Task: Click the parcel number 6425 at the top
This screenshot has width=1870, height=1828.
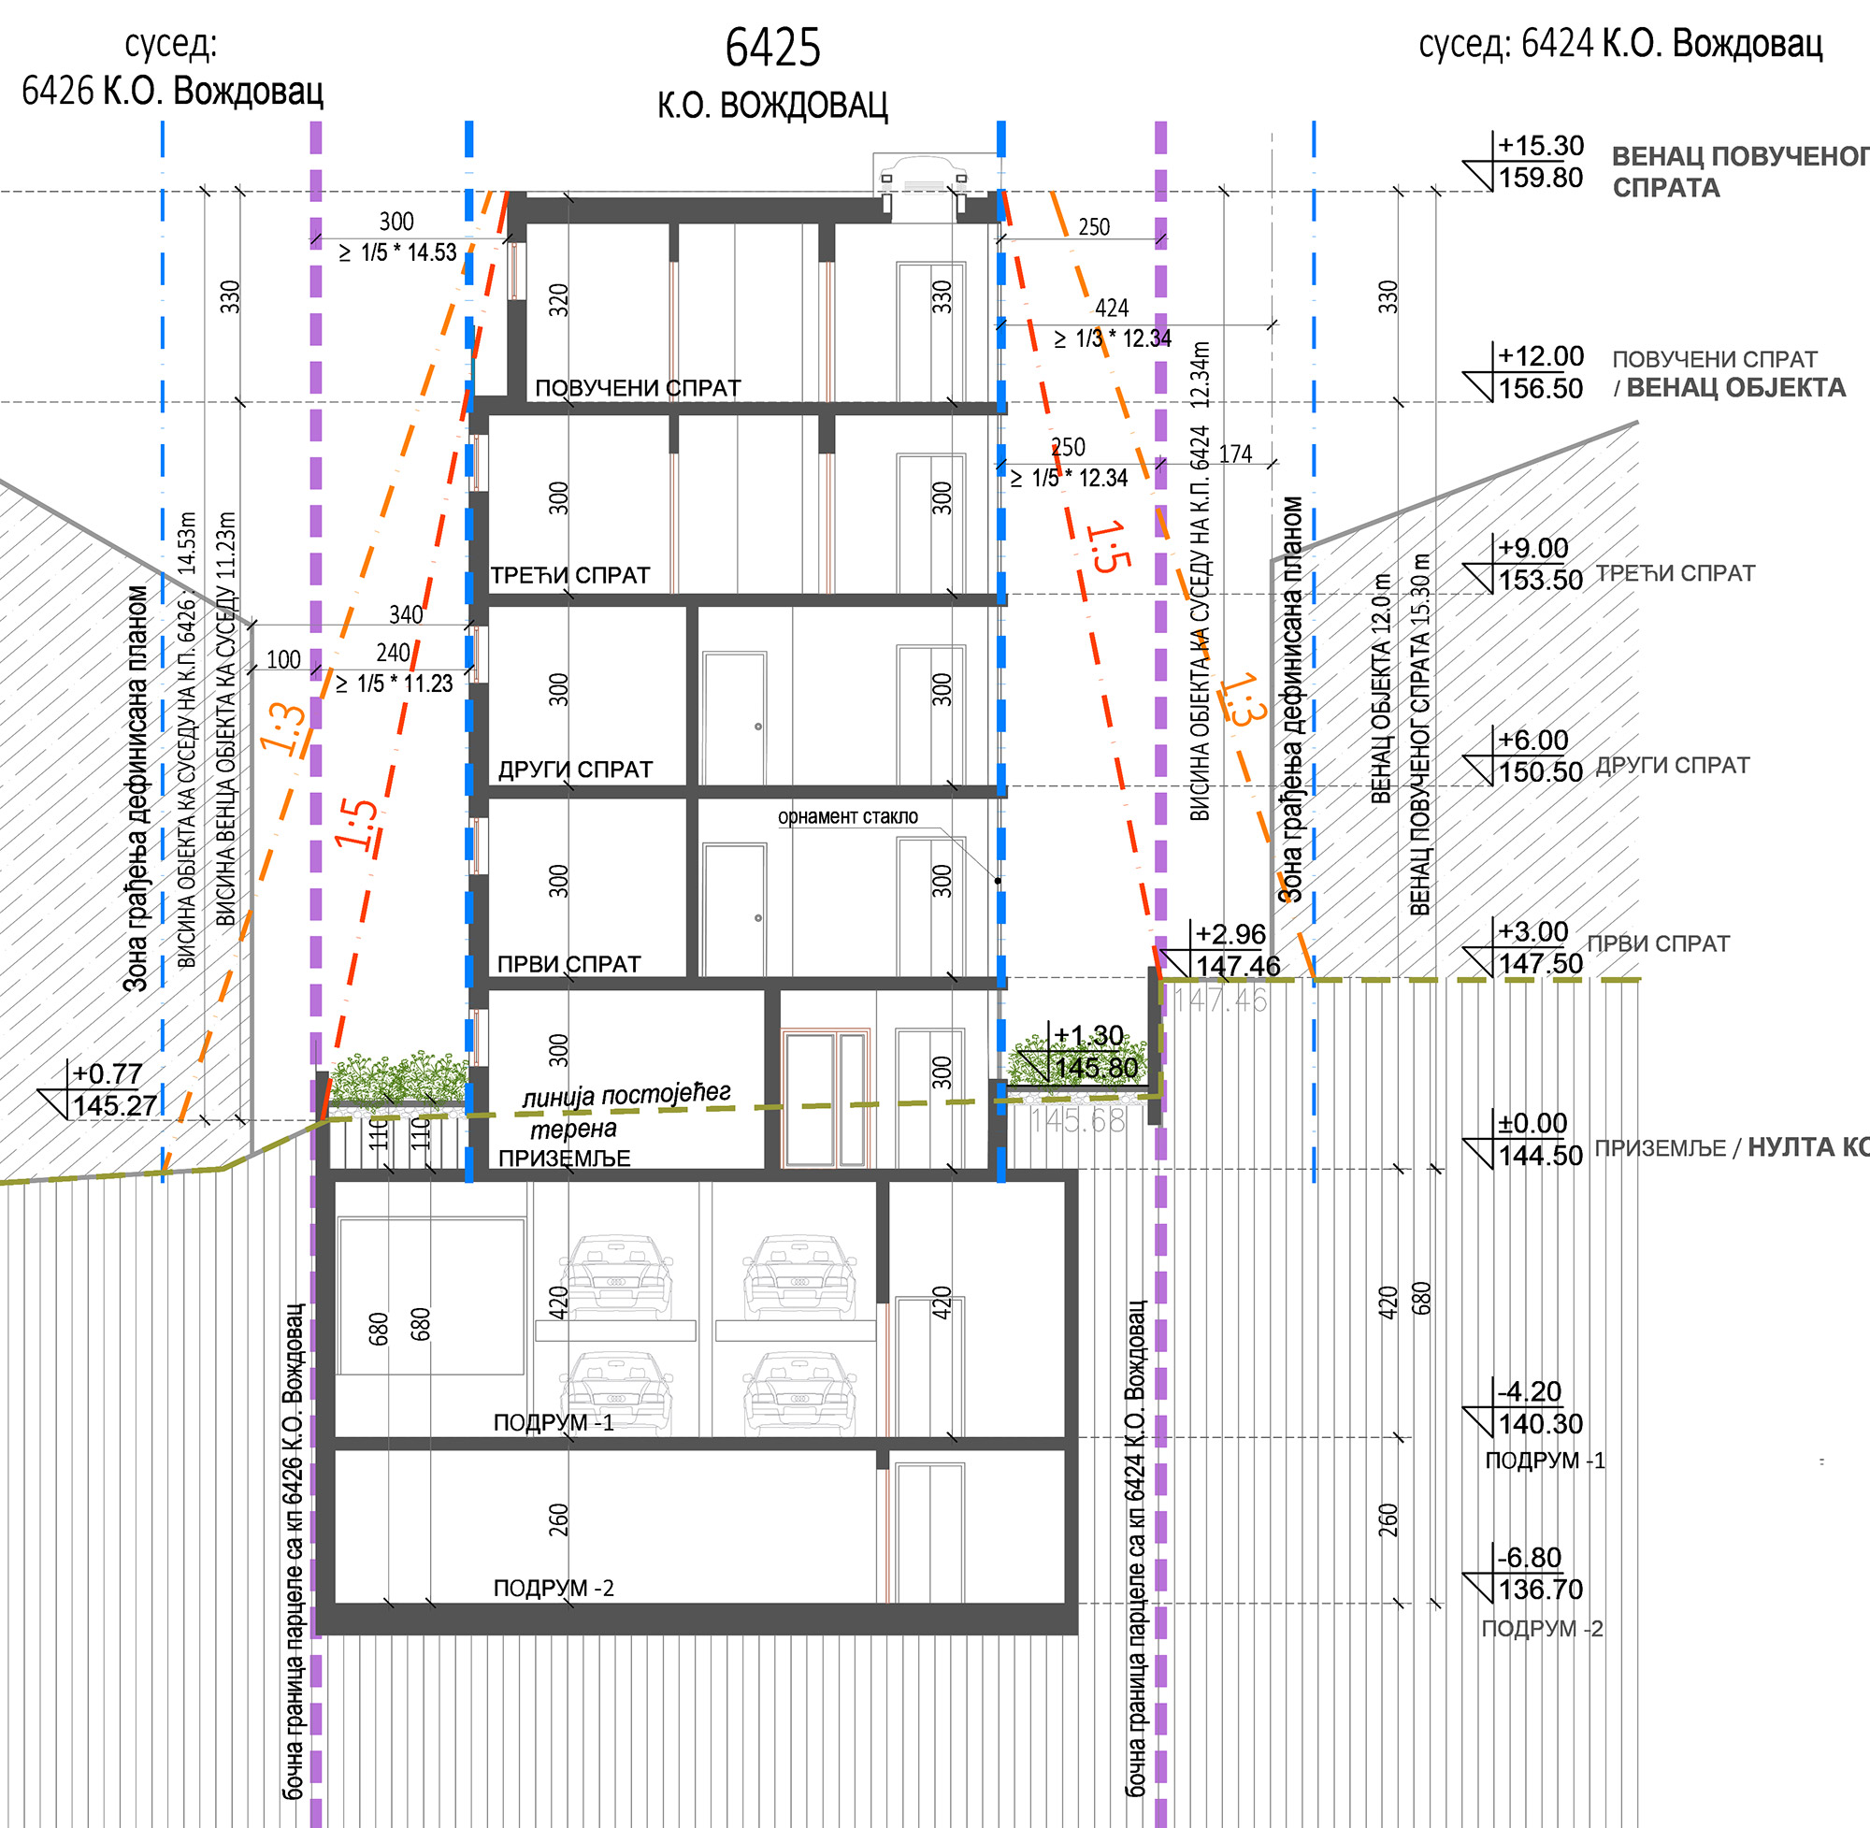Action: click(772, 48)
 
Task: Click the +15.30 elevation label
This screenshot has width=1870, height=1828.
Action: click(1541, 146)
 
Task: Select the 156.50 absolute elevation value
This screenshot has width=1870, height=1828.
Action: click(1541, 389)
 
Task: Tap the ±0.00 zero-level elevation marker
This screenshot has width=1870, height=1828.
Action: click(1532, 1122)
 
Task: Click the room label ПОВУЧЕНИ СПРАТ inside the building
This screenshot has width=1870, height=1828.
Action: click(638, 388)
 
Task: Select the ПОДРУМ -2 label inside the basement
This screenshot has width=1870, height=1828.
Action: click(553, 1588)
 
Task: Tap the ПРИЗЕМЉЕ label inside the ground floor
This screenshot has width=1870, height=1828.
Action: click(565, 1158)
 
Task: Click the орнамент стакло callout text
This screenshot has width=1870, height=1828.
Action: click(848, 817)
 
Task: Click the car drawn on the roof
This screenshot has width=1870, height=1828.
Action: click(922, 176)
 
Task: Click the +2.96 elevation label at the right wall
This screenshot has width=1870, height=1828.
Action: click(1230, 934)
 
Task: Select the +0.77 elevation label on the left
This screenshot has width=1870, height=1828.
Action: click(108, 1073)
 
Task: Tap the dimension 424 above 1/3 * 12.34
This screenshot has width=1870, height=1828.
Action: click(1112, 309)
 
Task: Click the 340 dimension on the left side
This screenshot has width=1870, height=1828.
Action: click(405, 614)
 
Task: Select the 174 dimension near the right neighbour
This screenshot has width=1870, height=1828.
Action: click(1235, 454)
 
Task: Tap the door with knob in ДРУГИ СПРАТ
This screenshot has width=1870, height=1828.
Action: click(734, 718)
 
